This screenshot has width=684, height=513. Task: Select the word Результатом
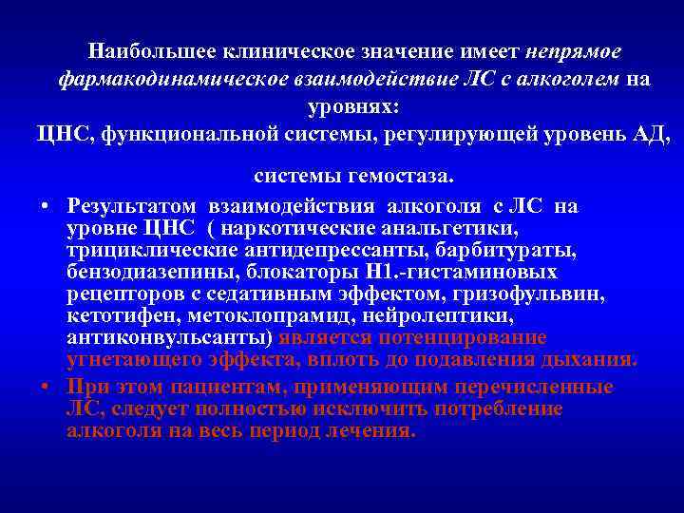tap(132, 207)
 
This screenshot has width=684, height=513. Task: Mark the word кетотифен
tap(112, 316)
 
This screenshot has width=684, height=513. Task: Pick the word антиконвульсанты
tap(169, 338)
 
